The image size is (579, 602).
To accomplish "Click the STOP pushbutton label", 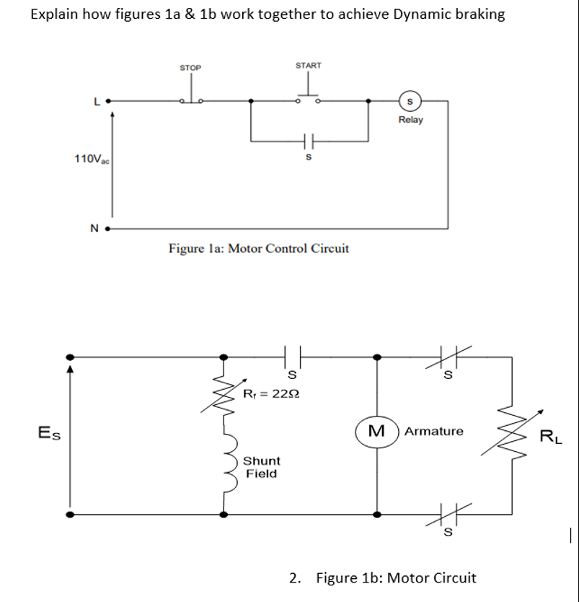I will click(190, 68).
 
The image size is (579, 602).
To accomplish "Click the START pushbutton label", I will click(309, 66).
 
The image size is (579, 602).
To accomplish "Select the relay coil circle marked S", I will click(410, 102).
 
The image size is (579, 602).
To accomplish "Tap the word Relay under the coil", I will click(410, 120).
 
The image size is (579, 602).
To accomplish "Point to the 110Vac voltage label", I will click(89, 158).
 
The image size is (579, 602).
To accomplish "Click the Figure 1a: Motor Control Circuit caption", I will click(258, 249).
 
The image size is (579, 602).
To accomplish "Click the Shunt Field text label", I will click(262, 467).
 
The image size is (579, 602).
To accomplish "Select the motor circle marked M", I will click(376, 432).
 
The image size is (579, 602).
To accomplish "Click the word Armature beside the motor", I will click(434, 432).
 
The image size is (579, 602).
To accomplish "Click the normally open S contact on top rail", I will click(292, 356).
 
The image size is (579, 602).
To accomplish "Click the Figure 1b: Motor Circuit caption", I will click(396, 577).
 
